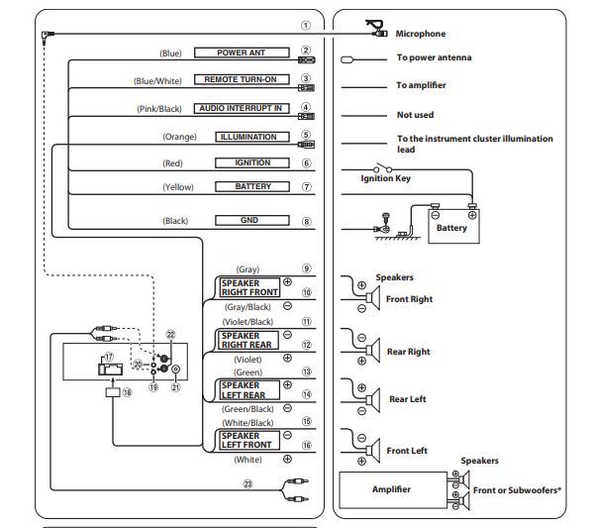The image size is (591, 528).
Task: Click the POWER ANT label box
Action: click(242, 53)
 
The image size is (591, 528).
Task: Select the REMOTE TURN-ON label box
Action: click(242, 79)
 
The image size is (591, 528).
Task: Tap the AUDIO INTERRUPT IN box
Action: click(242, 108)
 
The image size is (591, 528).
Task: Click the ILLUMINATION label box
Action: click(252, 137)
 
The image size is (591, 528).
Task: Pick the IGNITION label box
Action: click(252, 162)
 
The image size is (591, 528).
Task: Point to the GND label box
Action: click(252, 220)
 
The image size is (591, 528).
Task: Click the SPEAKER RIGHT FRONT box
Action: click(249, 287)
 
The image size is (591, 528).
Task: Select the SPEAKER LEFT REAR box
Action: click(249, 390)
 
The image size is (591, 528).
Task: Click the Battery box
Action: click(453, 226)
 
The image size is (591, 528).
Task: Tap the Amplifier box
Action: click(392, 489)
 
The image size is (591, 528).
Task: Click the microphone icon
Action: click(376, 29)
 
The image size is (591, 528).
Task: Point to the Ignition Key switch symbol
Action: click(382, 168)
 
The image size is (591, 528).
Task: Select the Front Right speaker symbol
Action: click(372, 298)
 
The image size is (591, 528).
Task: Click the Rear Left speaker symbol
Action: click(372, 399)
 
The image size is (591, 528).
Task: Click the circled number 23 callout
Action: click(247, 483)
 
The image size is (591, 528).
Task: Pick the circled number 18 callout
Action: click(127, 392)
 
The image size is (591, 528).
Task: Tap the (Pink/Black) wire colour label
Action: click(159, 109)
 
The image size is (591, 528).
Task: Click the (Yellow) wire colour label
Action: click(178, 187)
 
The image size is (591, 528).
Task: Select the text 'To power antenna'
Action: click(434, 57)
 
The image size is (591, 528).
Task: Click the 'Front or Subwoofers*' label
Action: click(517, 490)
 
